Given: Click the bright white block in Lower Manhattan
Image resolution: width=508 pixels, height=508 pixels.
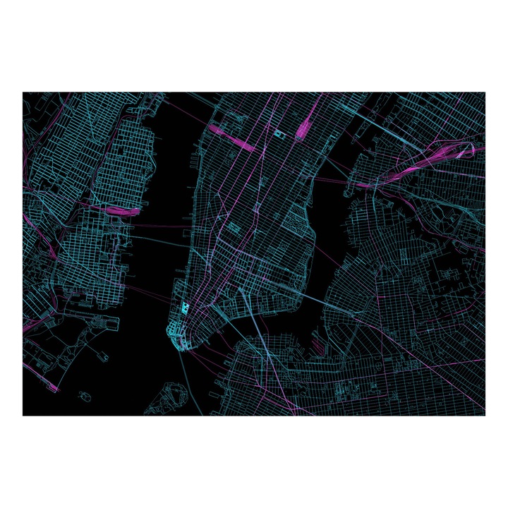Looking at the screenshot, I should point(186,308).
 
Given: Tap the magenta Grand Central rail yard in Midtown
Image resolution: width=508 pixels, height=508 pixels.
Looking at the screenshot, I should point(306,128).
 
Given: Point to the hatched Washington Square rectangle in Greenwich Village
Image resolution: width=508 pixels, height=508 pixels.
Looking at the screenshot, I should point(233,227).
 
